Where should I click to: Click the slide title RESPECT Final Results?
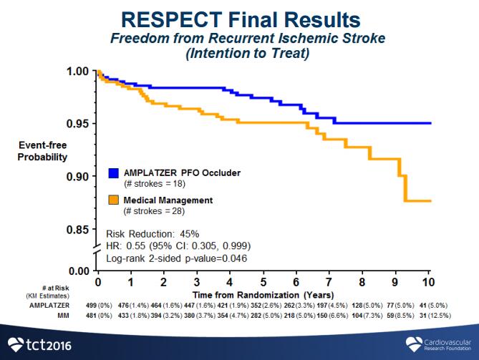238,19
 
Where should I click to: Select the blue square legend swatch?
113,173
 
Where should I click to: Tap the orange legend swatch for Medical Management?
113,199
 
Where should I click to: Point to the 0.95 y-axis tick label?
77,124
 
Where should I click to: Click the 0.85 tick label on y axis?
77,230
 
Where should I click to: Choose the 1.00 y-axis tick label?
77,72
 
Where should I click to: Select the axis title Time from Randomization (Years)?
263,294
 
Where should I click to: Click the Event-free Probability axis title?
43,151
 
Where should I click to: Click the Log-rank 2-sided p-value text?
176,258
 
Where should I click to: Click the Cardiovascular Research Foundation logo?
433,343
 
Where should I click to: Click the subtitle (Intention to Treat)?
239,52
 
